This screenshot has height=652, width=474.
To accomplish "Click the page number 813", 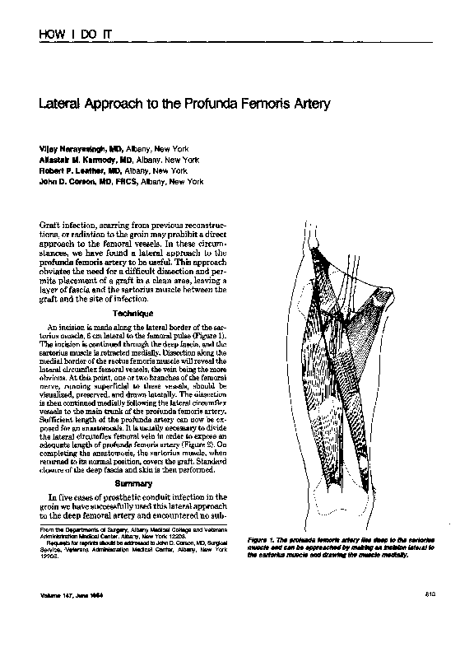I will tap(430, 594).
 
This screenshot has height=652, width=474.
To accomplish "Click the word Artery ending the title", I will tap(312, 105).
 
